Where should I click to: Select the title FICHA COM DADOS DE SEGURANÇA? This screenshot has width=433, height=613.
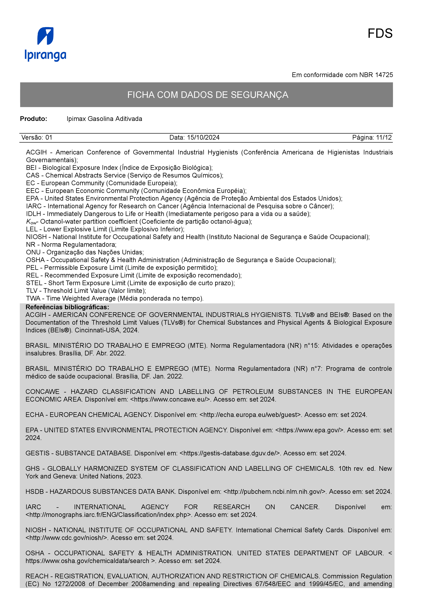pos(208,95)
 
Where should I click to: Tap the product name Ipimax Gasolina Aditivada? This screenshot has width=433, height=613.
pos(104,119)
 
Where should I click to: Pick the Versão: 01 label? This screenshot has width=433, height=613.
pos(37,138)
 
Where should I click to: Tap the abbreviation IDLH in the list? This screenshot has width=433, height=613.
pos(33,214)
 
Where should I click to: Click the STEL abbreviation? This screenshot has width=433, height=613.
pos(34,283)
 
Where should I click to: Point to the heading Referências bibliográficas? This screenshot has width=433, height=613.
pos(67,307)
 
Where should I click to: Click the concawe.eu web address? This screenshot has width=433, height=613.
pos(171,399)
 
